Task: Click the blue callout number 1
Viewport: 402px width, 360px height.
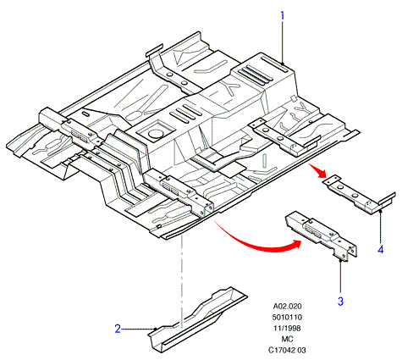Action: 282,15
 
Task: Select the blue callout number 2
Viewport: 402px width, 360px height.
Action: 118,329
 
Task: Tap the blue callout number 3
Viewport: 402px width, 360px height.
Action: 340,302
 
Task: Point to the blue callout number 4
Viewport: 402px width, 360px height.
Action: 381,249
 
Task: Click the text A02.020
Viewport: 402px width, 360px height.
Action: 287,306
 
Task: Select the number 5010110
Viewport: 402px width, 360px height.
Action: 287,317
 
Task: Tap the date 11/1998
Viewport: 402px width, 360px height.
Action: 287,328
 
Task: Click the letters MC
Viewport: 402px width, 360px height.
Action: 287,339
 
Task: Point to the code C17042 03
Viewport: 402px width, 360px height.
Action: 287,350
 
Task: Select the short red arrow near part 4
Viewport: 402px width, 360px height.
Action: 318,170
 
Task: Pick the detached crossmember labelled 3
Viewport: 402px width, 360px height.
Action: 322,235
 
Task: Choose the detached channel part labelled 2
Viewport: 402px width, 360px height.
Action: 197,319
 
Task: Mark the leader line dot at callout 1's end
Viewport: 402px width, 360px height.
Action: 283,64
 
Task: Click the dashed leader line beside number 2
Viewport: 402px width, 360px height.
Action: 138,329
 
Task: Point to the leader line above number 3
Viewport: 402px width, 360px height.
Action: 341,277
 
